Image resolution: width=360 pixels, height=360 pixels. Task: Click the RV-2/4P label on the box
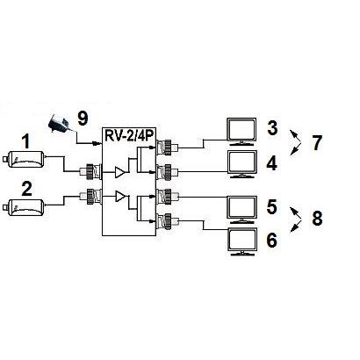pyautogui.click(x=130, y=135)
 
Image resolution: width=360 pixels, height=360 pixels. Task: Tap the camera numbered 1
pyautogui.click(x=24, y=159)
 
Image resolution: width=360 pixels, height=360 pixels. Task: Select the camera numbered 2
pyautogui.click(x=24, y=207)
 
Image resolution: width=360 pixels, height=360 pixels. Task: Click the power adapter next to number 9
pyautogui.click(x=59, y=125)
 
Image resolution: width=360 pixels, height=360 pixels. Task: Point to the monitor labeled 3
pyautogui.click(x=241, y=132)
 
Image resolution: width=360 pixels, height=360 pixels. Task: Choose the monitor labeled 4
pyautogui.click(x=242, y=164)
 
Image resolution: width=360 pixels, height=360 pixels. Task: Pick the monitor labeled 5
pyautogui.click(x=242, y=210)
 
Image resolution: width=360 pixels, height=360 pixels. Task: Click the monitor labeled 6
pyautogui.click(x=243, y=241)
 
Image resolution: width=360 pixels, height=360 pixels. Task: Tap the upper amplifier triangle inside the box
pyautogui.click(x=119, y=172)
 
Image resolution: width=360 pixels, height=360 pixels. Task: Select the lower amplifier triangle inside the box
pyautogui.click(x=119, y=196)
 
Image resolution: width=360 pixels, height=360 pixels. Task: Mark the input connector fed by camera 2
pyautogui.click(x=90, y=197)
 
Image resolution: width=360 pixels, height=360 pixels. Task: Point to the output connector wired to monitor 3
pyautogui.click(x=167, y=148)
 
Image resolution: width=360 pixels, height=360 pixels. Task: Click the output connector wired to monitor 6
pyautogui.click(x=167, y=221)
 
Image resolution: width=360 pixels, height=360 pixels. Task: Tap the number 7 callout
pyautogui.click(x=316, y=143)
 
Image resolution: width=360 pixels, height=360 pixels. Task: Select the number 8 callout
pyautogui.click(x=317, y=219)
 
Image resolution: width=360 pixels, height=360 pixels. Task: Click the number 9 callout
pyautogui.click(x=83, y=119)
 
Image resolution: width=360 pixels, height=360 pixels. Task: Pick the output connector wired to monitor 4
pyautogui.click(x=167, y=172)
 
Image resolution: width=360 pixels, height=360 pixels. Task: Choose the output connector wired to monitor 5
pyautogui.click(x=167, y=197)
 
